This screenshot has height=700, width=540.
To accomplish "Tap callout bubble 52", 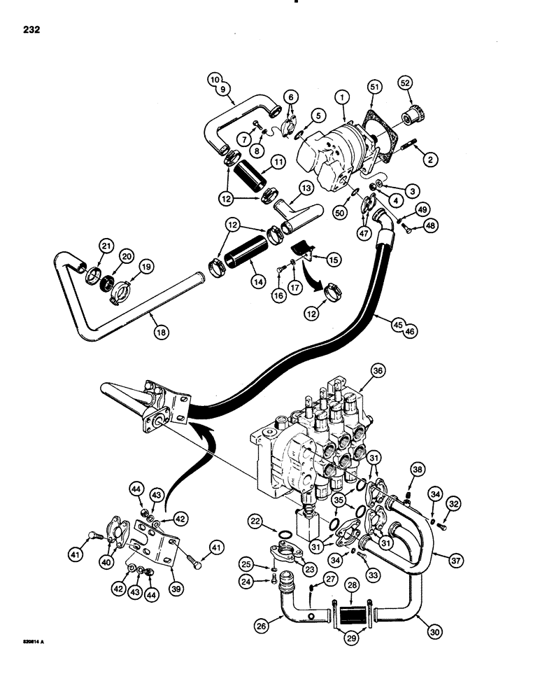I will point(406,83).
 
